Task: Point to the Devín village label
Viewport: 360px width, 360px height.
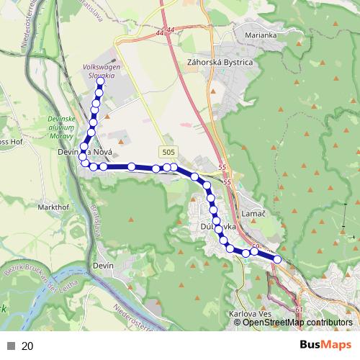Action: pyautogui.click(x=104, y=266)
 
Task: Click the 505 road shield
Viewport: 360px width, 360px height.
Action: pyautogui.click(x=168, y=152)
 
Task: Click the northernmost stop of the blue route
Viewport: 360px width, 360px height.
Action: pyautogui.click(x=100, y=81)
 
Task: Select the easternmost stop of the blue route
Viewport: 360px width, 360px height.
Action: pyautogui.click(x=277, y=259)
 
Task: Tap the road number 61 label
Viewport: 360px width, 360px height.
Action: pyautogui.click(x=299, y=310)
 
